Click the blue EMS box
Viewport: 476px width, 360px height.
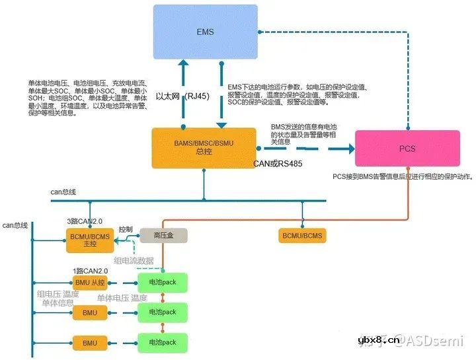(x=205, y=31)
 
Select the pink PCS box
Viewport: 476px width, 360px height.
(x=407, y=149)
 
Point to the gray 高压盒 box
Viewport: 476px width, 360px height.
(x=164, y=234)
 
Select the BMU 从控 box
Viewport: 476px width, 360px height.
(x=90, y=283)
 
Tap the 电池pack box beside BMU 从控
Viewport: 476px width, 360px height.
(x=163, y=282)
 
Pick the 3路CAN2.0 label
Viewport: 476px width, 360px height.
(x=85, y=221)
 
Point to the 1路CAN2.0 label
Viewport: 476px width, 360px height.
(x=90, y=271)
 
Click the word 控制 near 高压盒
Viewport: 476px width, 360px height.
(x=126, y=229)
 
